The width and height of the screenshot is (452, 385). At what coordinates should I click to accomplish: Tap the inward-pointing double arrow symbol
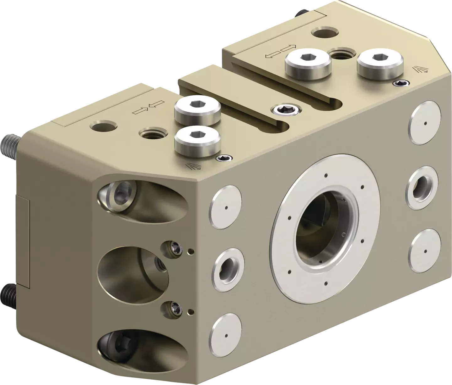(148, 107)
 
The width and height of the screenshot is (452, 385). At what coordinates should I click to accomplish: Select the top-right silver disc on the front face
(425, 123)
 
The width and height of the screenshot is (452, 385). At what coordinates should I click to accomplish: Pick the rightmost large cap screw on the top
(379, 65)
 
